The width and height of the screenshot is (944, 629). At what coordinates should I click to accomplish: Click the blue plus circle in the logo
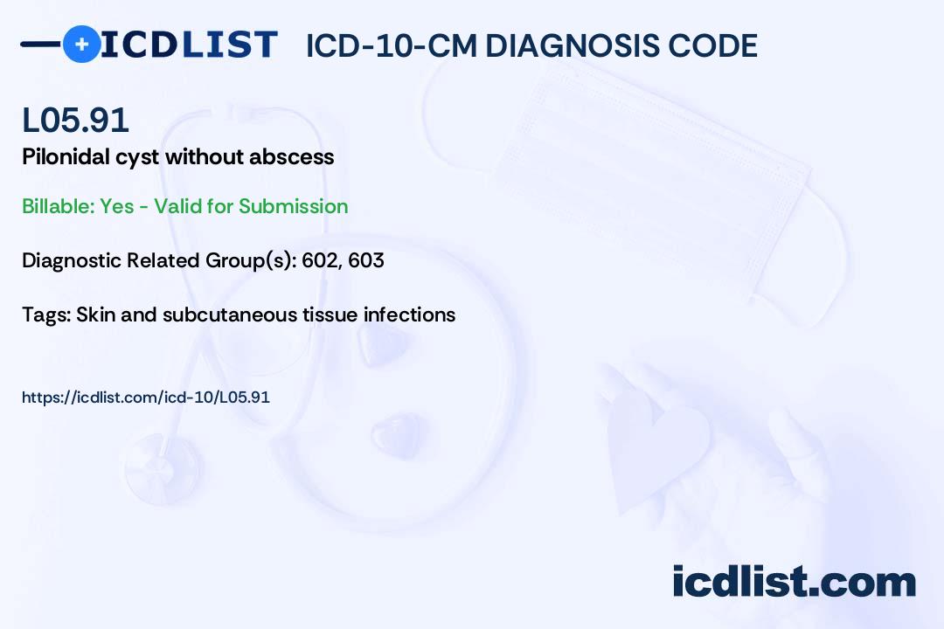click(82, 44)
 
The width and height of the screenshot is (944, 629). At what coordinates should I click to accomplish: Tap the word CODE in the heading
click(705, 45)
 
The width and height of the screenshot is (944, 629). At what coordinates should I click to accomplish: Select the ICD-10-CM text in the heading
click(392, 45)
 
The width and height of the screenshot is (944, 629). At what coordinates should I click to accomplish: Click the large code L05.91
click(75, 120)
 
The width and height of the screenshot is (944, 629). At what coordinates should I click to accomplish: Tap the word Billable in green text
click(58, 206)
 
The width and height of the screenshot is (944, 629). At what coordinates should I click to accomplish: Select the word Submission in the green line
click(293, 206)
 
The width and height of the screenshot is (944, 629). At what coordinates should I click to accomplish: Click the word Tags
click(45, 314)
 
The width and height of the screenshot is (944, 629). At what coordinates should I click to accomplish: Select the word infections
click(409, 314)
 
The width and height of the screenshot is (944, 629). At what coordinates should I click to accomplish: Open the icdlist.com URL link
click(146, 397)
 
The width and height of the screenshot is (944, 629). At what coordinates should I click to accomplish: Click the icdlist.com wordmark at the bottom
click(795, 582)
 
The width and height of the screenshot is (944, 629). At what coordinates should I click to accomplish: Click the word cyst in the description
click(137, 158)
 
